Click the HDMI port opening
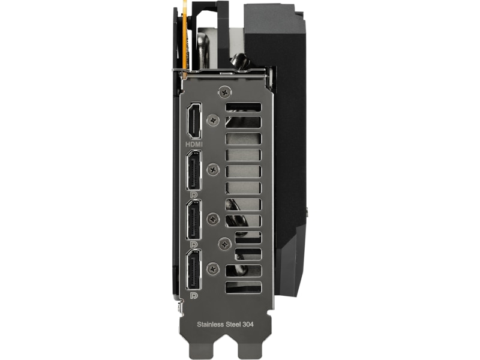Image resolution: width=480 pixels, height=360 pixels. pos(194,121)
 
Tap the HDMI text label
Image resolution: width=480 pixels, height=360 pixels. pos(194,143)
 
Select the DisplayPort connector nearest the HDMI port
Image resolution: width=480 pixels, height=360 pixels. pos(194,170)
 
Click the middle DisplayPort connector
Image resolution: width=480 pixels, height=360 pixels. pos(194,219)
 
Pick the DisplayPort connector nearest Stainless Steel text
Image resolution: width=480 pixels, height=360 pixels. pos(194,269)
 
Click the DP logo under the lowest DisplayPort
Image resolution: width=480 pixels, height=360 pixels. pos(194,295)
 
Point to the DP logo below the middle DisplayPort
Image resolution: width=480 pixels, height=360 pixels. pos(194,245)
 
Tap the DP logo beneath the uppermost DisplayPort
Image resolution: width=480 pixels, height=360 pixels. pos(194,194)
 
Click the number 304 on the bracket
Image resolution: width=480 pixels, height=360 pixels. pos(248,324)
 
